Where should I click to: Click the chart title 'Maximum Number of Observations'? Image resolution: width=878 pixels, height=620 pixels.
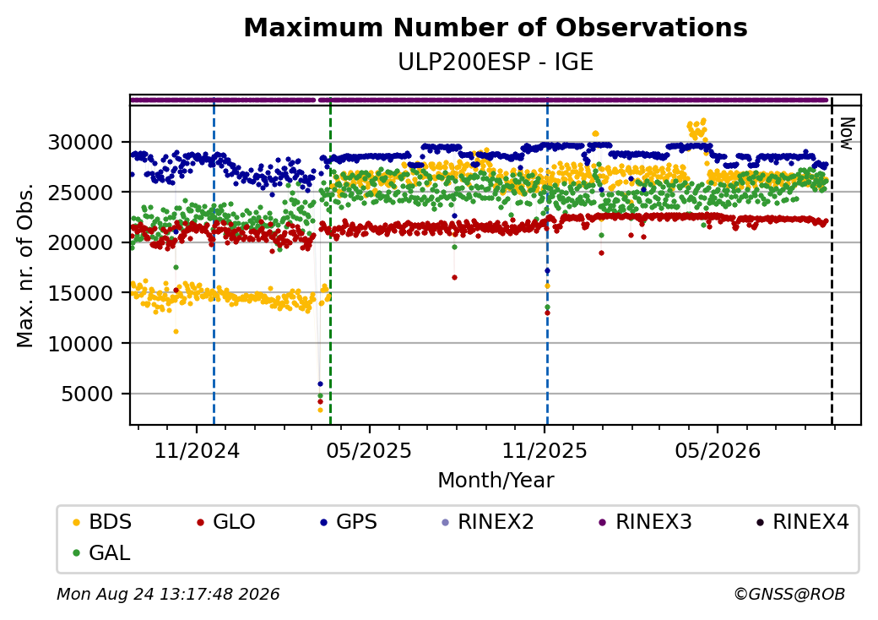click(x=496, y=27)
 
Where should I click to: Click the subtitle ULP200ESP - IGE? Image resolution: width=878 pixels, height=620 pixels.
click(x=496, y=63)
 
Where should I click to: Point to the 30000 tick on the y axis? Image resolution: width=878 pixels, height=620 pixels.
click(x=81, y=142)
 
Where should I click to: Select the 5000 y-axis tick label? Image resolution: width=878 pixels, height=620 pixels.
click(x=87, y=394)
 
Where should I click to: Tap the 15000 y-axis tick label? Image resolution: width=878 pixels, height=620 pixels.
click(x=81, y=293)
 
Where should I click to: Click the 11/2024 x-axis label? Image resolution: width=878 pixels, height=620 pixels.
click(x=197, y=450)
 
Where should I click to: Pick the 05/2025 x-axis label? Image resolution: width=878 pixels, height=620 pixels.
click(x=369, y=450)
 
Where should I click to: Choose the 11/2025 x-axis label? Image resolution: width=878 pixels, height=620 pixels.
click(x=545, y=450)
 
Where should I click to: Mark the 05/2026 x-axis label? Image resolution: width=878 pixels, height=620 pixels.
click(x=718, y=450)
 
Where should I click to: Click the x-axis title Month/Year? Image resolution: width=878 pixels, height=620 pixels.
click(x=496, y=481)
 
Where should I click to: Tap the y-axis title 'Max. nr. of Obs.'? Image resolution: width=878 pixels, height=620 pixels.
click(x=25, y=265)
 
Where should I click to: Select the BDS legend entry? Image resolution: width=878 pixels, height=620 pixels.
click(x=102, y=522)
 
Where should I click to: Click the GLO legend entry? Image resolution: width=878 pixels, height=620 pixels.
click(x=225, y=522)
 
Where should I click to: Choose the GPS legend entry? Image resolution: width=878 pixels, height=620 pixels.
click(x=349, y=522)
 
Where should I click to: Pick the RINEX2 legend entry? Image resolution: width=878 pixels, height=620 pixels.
click(x=488, y=522)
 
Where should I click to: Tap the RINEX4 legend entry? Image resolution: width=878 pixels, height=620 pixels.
click(x=803, y=522)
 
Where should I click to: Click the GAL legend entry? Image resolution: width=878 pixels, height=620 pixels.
click(x=101, y=552)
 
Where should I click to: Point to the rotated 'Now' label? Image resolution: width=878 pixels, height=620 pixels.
click(x=847, y=133)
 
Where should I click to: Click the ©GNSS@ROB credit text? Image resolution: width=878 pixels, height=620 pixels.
click(x=789, y=594)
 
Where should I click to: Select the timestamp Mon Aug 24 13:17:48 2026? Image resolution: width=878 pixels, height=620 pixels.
click(x=168, y=594)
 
